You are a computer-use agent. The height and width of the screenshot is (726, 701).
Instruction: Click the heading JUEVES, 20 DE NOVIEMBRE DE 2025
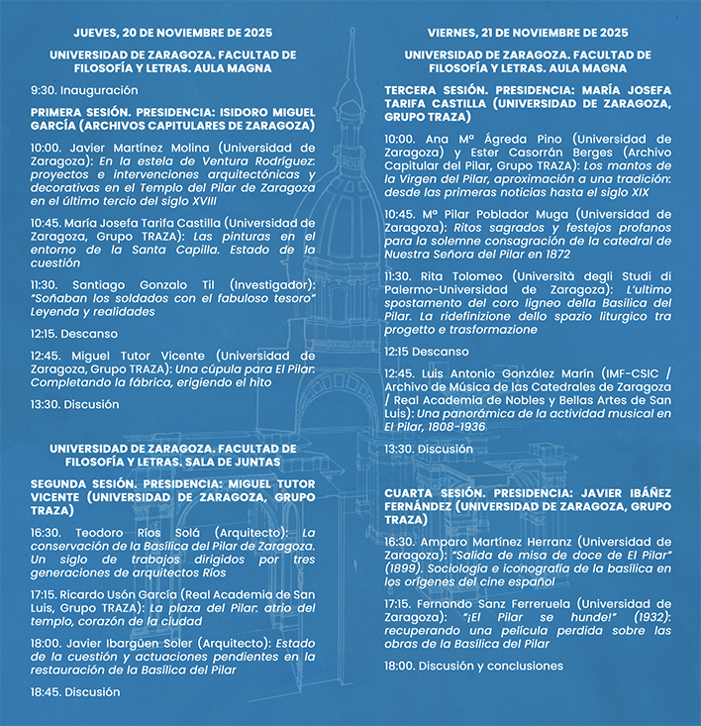tap(173, 32)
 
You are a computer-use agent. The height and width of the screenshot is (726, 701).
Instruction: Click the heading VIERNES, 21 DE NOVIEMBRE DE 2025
tap(528, 32)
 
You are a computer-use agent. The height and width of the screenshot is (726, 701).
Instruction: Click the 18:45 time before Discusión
tap(46, 691)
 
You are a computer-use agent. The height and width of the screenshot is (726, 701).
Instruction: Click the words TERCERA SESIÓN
tap(432, 90)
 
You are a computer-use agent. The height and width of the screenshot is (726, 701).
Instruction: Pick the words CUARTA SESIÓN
tap(428, 492)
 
